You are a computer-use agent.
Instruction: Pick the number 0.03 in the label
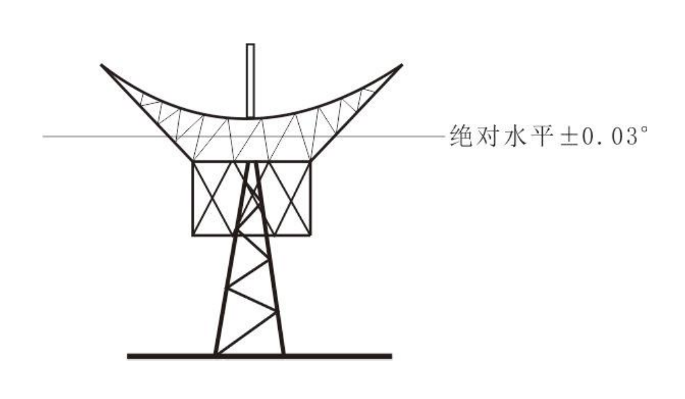click(x=601, y=137)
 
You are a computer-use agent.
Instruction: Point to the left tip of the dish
click(x=102, y=65)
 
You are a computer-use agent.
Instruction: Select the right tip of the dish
click(x=402, y=65)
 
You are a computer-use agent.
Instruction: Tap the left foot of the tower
click(x=216, y=353)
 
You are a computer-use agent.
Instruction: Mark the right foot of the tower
click(x=282, y=353)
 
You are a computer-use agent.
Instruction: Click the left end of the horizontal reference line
click(x=44, y=136)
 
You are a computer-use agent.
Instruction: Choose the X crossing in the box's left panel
click(x=213, y=198)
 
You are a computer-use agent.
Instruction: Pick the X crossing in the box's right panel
click(x=291, y=198)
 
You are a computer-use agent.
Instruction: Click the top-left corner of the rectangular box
click(x=193, y=161)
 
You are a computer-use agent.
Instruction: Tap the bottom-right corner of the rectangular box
click(x=311, y=235)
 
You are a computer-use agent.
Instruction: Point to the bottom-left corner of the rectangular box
click(x=193, y=235)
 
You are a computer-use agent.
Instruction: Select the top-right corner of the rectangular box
click(x=311, y=161)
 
